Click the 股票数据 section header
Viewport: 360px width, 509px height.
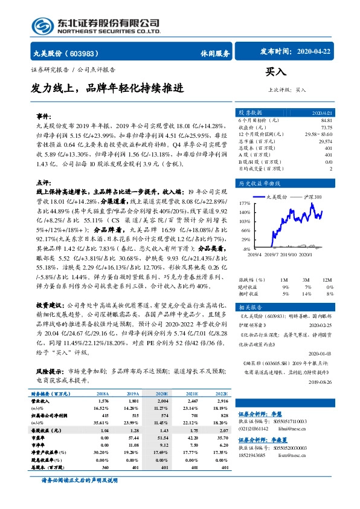pyautogui.click(x=250, y=112)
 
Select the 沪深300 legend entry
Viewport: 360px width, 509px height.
pyautogui.click(x=311, y=197)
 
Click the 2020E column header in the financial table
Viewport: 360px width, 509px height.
pyautogui.click(x=162, y=392)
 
